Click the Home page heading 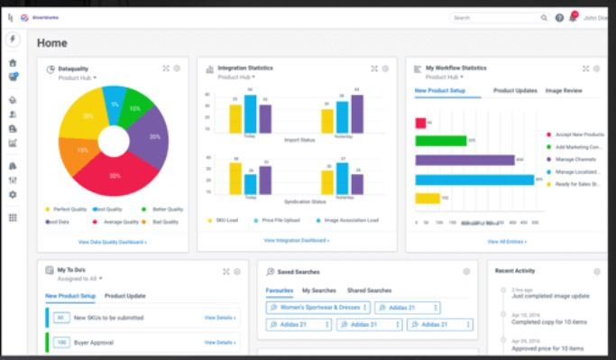[x=52, y=42]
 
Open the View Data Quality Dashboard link [x=113, y=242]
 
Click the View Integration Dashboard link [x=296, y=240]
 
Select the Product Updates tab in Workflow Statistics [x=515, y=91]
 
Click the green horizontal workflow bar [x=440, y=140]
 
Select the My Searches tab [x=318, y=291]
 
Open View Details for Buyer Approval [x=220, y=342]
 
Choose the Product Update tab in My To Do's [x=124, y=296]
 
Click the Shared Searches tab [x=369, y=291]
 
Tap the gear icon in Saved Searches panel [x=466, y=272]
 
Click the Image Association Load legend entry [x=352, y=219]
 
